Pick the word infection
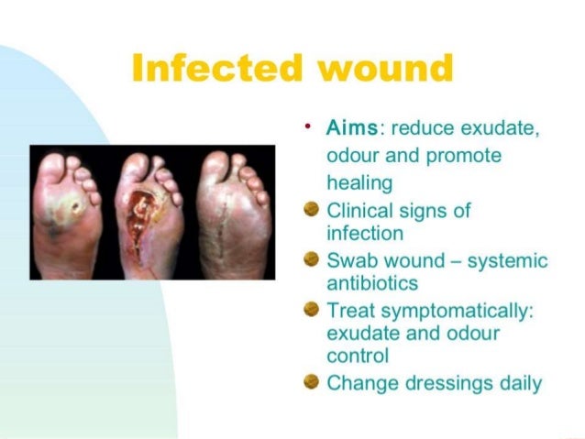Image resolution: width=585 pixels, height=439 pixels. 365,233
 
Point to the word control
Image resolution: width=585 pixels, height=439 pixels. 358,355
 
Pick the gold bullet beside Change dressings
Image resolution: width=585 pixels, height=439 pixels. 313,382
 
